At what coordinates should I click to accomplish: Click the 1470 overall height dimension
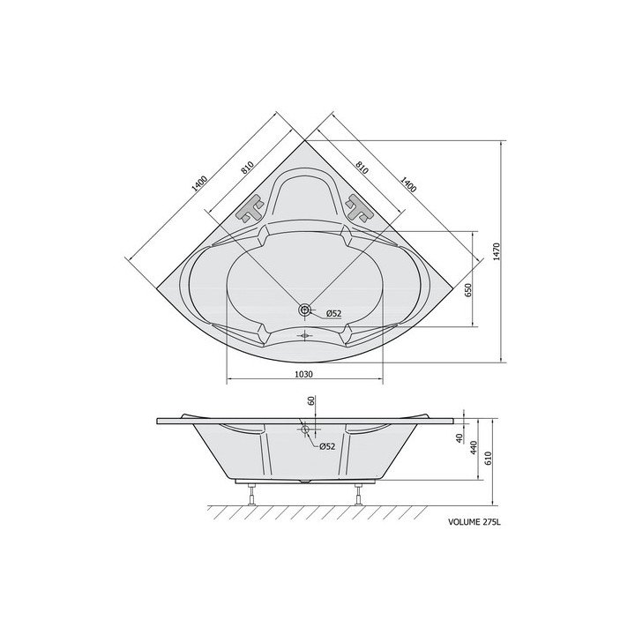497,251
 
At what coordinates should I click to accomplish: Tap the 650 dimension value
468,291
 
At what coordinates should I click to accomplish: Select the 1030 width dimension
303,374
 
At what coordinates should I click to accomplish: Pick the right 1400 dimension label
408,184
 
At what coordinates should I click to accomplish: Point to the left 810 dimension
247,168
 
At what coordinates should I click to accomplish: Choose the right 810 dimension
362,168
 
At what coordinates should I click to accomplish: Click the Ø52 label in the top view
334,313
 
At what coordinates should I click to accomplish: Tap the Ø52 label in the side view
327,446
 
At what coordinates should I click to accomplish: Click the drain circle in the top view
304,310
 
